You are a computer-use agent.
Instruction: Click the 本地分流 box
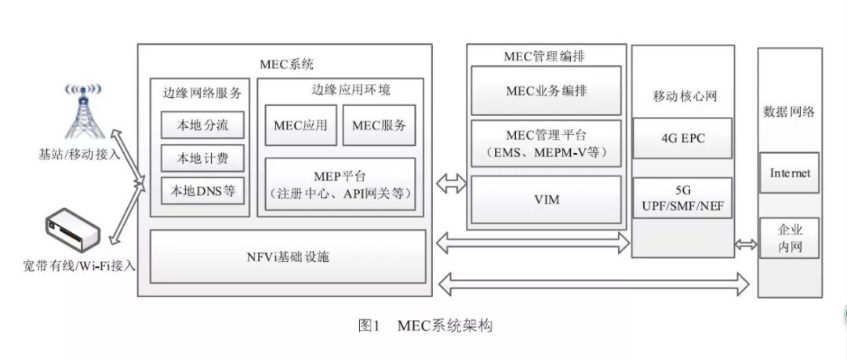(x=201, y=125)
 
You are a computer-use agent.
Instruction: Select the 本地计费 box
(x=201, y=158)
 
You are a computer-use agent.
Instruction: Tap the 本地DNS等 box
(x=201, y=191)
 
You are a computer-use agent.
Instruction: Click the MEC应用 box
(x=300, y=125)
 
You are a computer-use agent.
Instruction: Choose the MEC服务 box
(x=379, y=125)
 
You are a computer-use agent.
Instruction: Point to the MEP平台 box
(x=340, y=185)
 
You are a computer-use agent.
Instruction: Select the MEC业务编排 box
(x=546, y=90)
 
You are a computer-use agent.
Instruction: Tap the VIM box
(x=546, y=200)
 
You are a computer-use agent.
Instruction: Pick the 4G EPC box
(x=682, y=138)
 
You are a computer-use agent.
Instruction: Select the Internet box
(x=790, y=173)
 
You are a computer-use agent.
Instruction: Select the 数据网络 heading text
(x=789, y=111)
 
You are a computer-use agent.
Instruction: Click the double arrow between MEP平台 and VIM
(x=452, y=185)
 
